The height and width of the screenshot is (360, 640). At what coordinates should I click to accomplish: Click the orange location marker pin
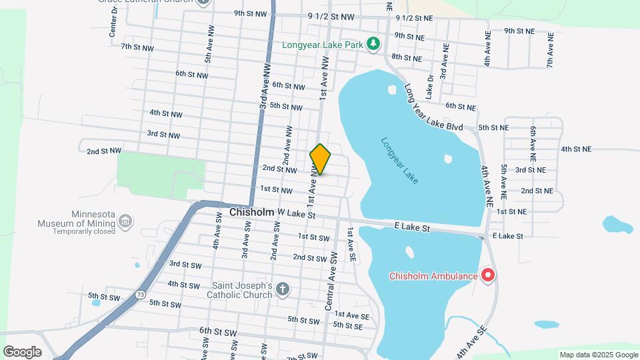321,159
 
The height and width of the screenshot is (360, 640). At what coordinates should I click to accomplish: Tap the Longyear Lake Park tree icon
374,45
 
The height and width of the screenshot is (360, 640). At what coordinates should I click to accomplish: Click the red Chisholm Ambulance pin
488,275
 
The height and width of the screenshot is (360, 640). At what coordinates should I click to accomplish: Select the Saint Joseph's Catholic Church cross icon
283,289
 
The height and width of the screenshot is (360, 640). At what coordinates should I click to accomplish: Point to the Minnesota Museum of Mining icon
125,221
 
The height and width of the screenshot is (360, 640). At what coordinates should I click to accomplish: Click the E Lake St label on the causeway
413,228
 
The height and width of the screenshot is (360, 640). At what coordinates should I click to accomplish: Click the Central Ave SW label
330,287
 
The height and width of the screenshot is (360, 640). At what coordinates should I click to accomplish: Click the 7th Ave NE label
550,51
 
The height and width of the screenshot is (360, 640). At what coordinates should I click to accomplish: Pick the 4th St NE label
577,149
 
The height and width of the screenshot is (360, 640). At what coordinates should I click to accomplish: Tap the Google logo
22,351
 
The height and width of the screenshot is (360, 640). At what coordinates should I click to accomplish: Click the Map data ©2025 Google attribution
598,355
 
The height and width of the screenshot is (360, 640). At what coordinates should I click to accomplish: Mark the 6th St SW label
218,331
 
